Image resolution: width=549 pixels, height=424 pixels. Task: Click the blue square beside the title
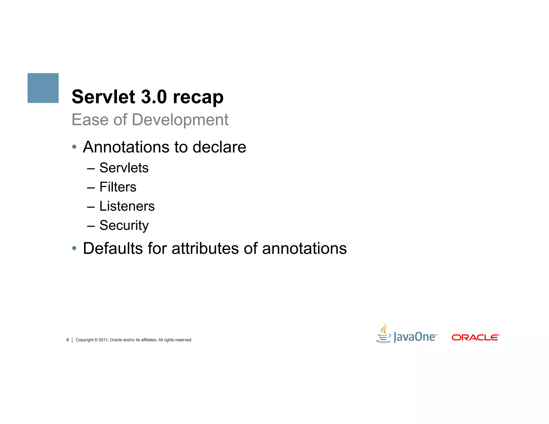pyautogui.click(x=43, y=88)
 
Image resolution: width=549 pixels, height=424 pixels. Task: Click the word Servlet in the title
pyautogui.click(x=103, y=97)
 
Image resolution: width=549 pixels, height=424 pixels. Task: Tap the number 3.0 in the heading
pyautogui.click(x=154, y=97)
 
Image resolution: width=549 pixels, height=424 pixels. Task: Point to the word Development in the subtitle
pyautogui.click(x=180, y=120)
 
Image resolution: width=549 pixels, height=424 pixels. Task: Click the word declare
pyautogui.click(x=219, y=147)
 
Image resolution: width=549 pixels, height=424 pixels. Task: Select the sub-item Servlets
pyautogui.click(x=124, y=168)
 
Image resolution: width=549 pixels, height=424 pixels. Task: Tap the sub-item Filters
pyautogui.click(x=118, y=187)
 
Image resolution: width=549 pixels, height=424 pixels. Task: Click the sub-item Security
pyautogui.click(x=124, y=225)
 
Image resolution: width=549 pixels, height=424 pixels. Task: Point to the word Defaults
pyautogui.click(x=113, y=248)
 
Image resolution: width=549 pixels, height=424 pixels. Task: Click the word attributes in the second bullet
pyautogui.click(x=205, y=248)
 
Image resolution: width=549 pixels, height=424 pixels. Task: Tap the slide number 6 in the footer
pyautogui.click(x=68, y=340)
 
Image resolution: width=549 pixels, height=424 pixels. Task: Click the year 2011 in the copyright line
pyautogui.click(x=103, y=340)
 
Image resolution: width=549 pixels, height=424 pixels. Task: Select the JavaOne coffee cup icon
pyautogui.click(x=384, y=334)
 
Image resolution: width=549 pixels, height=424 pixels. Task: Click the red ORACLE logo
pyautogui.click(x=475, y=337)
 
